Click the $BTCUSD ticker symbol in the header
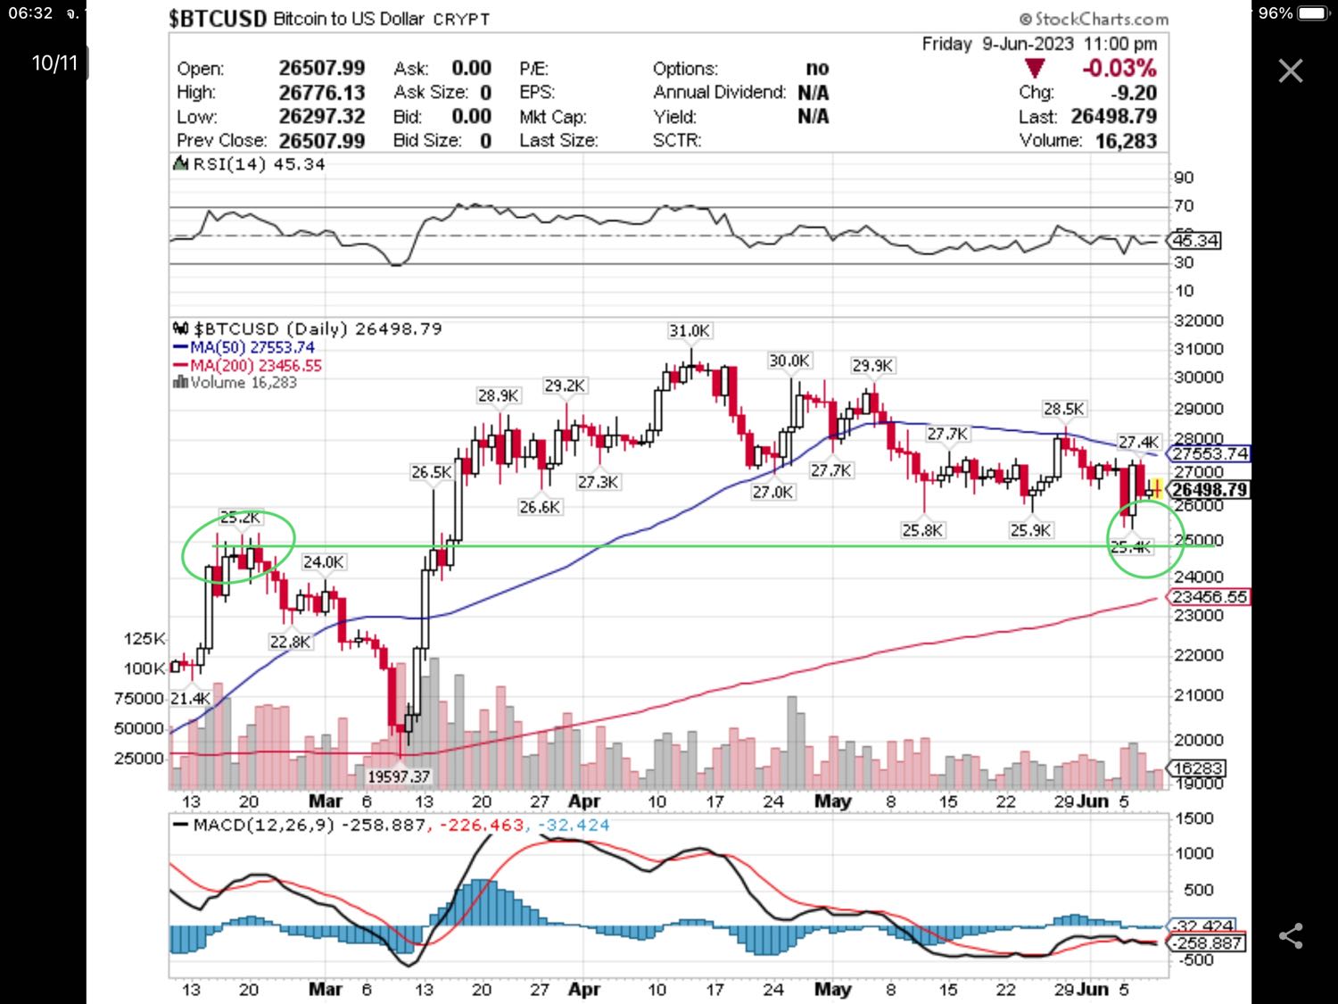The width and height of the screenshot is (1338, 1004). (217, 19)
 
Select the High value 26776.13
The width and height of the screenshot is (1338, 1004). (321, 93)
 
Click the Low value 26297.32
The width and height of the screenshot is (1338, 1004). (321, 117)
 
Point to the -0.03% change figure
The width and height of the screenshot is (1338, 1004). (1119, 69)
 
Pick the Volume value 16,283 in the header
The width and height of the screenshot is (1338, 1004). (1126, 141)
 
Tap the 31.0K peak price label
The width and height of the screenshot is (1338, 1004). (690, 331)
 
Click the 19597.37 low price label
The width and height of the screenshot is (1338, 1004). (399, 776)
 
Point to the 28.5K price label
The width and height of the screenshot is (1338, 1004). (1063, 409)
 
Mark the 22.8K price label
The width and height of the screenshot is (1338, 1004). (290, 642)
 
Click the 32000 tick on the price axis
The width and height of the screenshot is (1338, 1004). (1198, 320)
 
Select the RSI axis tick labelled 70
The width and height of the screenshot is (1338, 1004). (1184, 206)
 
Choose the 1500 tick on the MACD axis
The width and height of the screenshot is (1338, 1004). (1194, 818)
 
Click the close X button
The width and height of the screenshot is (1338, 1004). (1290, 71)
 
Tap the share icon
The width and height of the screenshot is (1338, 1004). (1290, 935)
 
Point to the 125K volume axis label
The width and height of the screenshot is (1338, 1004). (145, 639)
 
